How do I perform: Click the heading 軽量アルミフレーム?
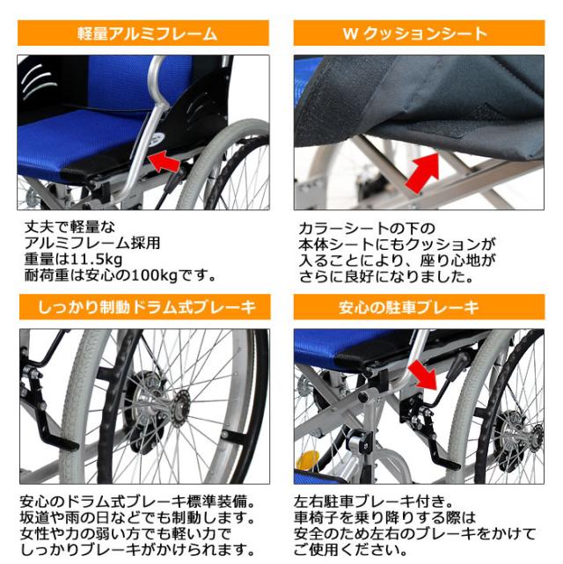(143, 34)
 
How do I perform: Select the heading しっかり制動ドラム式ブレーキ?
(143, 307)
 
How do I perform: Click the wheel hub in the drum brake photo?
(172, 407)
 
